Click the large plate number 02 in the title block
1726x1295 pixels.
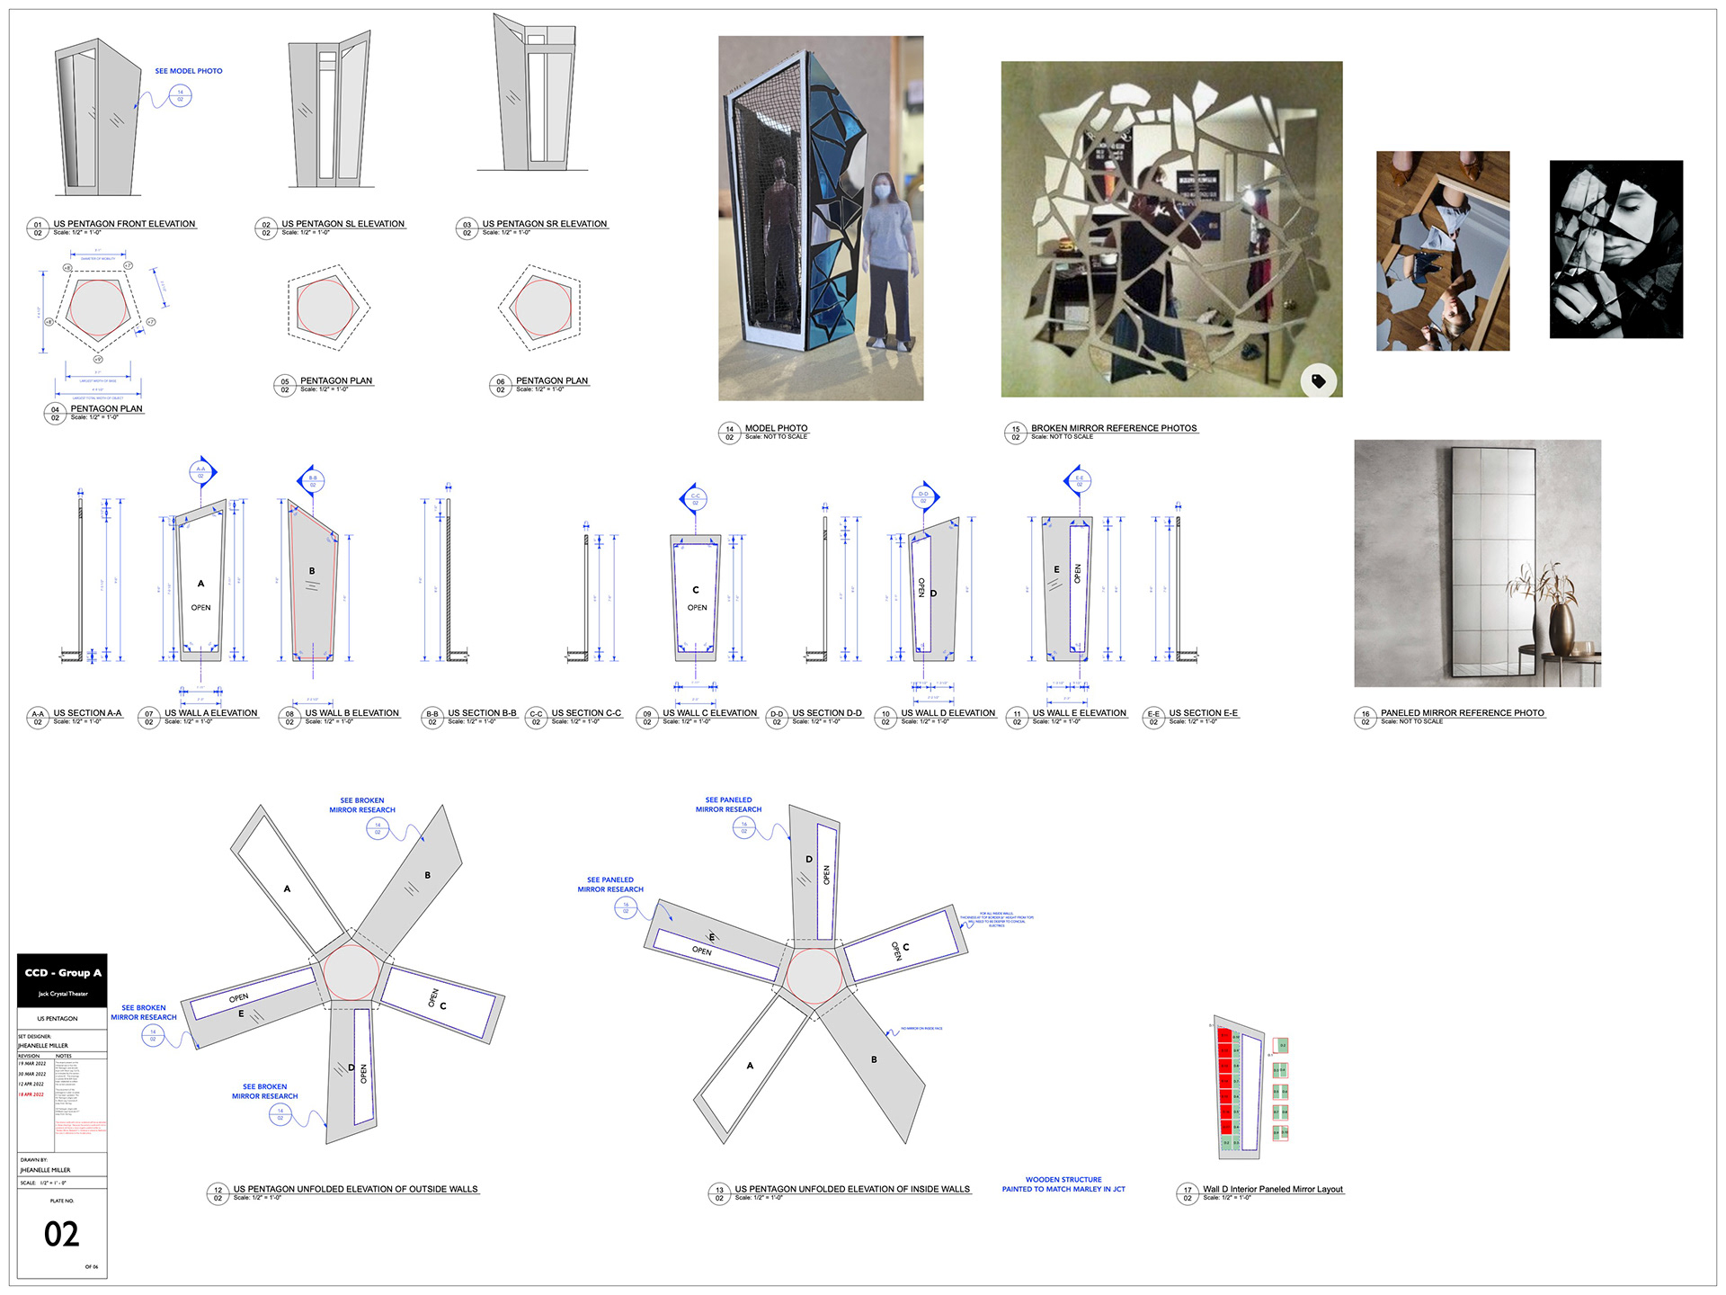tap(61, 1234)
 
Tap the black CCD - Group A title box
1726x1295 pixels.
tap(62, 979)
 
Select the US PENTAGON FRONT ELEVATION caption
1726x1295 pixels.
tap(124, 224)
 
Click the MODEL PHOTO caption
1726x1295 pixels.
tap(776, 428)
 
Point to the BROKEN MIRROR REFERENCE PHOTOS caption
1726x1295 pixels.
tap(1113, 428)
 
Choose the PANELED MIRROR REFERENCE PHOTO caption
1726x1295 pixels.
tap(1462, 713)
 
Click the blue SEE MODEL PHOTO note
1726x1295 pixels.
tap(189, 71)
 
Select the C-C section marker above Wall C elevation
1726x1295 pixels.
tap(695, 497)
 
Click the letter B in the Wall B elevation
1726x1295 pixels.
tap(312, 571)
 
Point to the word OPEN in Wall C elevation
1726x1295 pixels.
tap(697, 608)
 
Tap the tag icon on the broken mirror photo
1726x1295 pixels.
tap(1318, 381)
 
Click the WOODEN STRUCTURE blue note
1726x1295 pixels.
tap(1063, 1184)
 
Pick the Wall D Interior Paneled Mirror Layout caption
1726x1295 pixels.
tap(1272, 1190)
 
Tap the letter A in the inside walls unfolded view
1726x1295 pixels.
tap(750, 1066)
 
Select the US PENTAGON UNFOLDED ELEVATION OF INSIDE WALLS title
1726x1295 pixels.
tap(851, 1189)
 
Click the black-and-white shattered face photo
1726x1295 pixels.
tap(1615, 249)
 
